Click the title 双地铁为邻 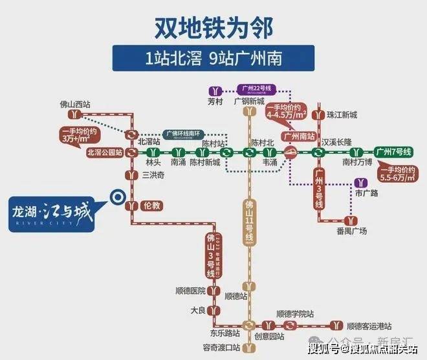[213, 27]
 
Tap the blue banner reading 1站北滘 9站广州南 [213, 58]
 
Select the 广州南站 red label [301, 136]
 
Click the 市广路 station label [366, 193]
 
